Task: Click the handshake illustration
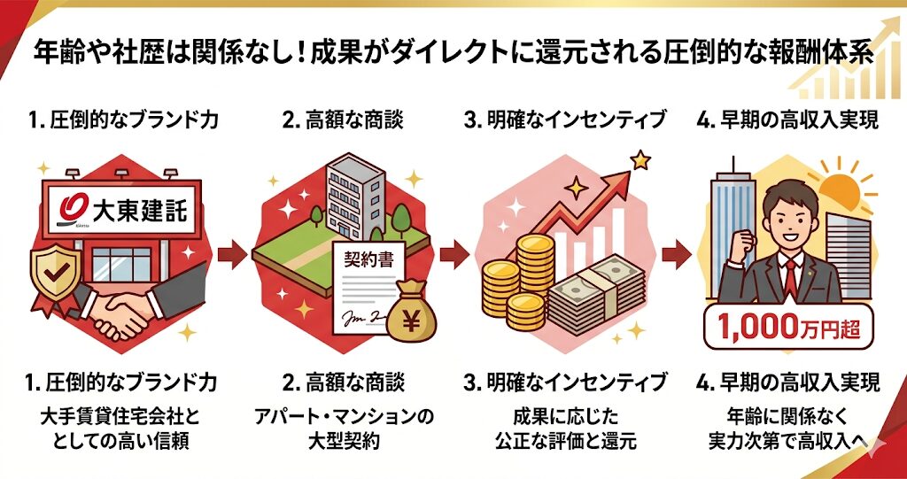click(x=123, y=311)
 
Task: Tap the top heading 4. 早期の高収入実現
click(x=787, y=120)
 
